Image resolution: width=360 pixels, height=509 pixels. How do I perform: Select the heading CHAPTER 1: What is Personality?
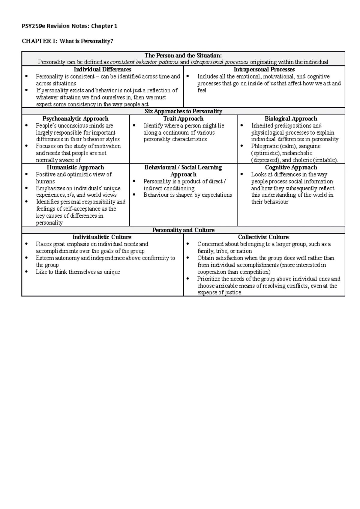click(67, 41)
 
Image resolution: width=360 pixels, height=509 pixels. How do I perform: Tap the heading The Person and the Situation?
click(183, 55)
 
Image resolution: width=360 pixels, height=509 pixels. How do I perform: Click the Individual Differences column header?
click(102, 70)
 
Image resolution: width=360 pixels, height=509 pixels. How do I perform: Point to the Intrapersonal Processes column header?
click(264, 70)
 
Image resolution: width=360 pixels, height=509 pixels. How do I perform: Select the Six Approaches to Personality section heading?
click(183, 111)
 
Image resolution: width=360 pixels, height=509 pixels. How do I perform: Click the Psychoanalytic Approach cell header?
click(75, 119)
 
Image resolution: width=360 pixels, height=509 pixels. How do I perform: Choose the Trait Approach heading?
click(183, 119)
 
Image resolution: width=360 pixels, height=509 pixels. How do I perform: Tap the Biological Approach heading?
click(291, 119)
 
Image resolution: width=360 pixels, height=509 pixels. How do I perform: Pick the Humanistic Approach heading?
click(75, 167)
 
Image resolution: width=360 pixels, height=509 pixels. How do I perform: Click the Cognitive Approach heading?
click(291, 167)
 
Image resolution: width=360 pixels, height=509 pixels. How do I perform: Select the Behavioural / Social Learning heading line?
click(183, 167)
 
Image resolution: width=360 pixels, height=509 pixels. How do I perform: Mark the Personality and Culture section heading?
click(183, 230)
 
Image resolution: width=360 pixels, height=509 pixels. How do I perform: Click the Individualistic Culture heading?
click(102, 237)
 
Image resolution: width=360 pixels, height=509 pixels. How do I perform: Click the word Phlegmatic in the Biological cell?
click(262, 146)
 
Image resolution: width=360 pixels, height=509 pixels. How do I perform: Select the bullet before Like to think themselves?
click(27, 272)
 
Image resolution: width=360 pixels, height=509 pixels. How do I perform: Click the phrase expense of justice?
click(219, 293)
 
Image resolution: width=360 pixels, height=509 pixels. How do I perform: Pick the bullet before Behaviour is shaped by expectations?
click(134, 195)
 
